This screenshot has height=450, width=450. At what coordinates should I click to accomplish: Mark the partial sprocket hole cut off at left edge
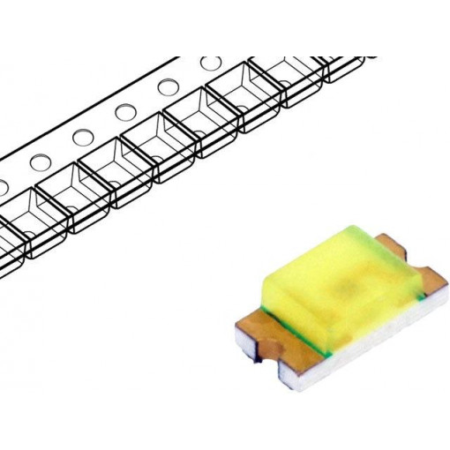coord(3,188)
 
